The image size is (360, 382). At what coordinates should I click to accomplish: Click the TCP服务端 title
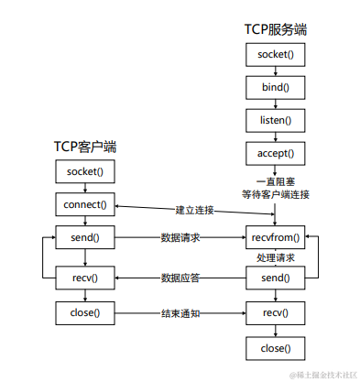point(275,29)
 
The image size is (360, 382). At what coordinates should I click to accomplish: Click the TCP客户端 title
point(85,146)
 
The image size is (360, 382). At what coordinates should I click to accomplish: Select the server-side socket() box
point(275,55)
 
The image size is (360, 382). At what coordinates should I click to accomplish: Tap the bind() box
point(275,87)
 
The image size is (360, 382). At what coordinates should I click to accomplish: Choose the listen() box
point(275,120)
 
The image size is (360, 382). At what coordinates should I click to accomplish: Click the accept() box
point(275,152)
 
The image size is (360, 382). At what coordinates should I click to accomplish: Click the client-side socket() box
point(85,171)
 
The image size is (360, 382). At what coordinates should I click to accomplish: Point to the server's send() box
point(275,277)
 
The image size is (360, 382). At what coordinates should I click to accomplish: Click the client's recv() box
point(85,277)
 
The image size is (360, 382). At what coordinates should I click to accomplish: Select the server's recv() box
point(275,312)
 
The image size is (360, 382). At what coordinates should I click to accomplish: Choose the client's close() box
point(85,312)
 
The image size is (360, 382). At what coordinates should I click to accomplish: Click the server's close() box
point(275,348)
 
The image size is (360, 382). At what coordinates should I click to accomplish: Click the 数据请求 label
point(180,237)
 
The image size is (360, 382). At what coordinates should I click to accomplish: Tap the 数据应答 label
point(180,277)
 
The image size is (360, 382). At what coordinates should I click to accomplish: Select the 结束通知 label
point(180,312)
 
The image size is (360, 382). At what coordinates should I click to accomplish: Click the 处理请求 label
point(275,257)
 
